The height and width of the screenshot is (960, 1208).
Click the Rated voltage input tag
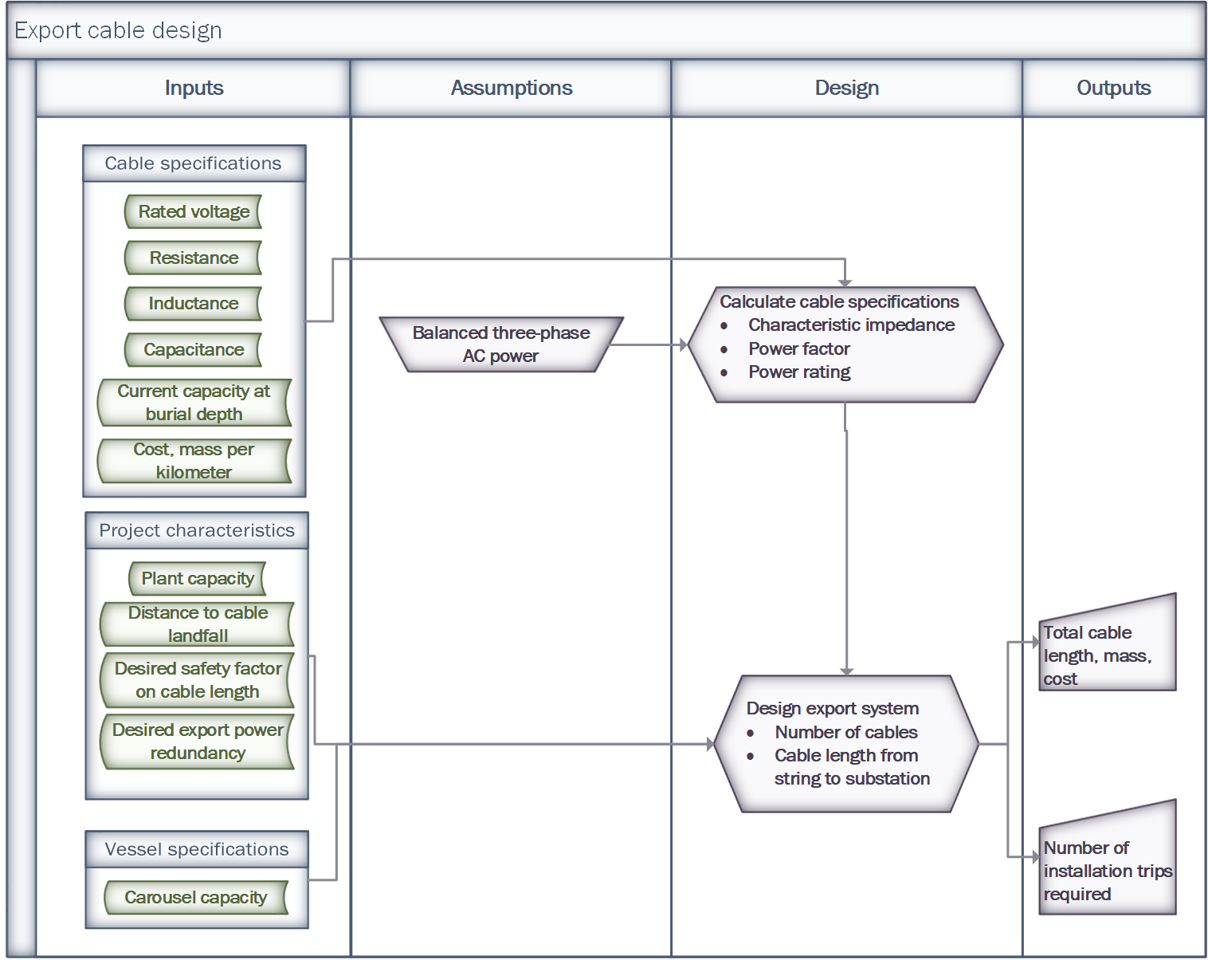(x=194, y=212)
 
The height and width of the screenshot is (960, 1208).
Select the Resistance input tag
(x=194, y=258)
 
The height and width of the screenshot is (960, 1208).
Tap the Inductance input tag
(x=194, y=304)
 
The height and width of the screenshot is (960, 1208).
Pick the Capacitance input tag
(x=194, y=350)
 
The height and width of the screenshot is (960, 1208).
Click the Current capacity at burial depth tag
(x=194, y=403)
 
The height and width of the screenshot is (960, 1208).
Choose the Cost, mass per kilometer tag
(x=194, y=461)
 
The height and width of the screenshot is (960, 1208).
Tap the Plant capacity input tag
(x=198, y=579)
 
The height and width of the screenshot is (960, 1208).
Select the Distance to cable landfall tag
(x=198, y=624)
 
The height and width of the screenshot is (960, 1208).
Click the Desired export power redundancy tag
(x=198, y=742)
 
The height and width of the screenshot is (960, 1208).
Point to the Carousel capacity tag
(x=196, y=898)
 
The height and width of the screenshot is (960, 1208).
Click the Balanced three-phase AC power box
(x=501, y=344)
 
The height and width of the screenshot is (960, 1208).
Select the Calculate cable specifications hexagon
(x=845, y=344)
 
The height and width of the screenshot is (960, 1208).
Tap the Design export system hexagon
(x=845, y=744)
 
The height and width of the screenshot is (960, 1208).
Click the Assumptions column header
(x=512, y=89)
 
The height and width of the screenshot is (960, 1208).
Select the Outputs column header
(x=1113, y=89)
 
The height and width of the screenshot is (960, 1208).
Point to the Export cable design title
(x=119, y=31)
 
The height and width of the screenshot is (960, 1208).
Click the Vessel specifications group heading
(x=197, y=850)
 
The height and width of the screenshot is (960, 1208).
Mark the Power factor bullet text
(x=799, y=349)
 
